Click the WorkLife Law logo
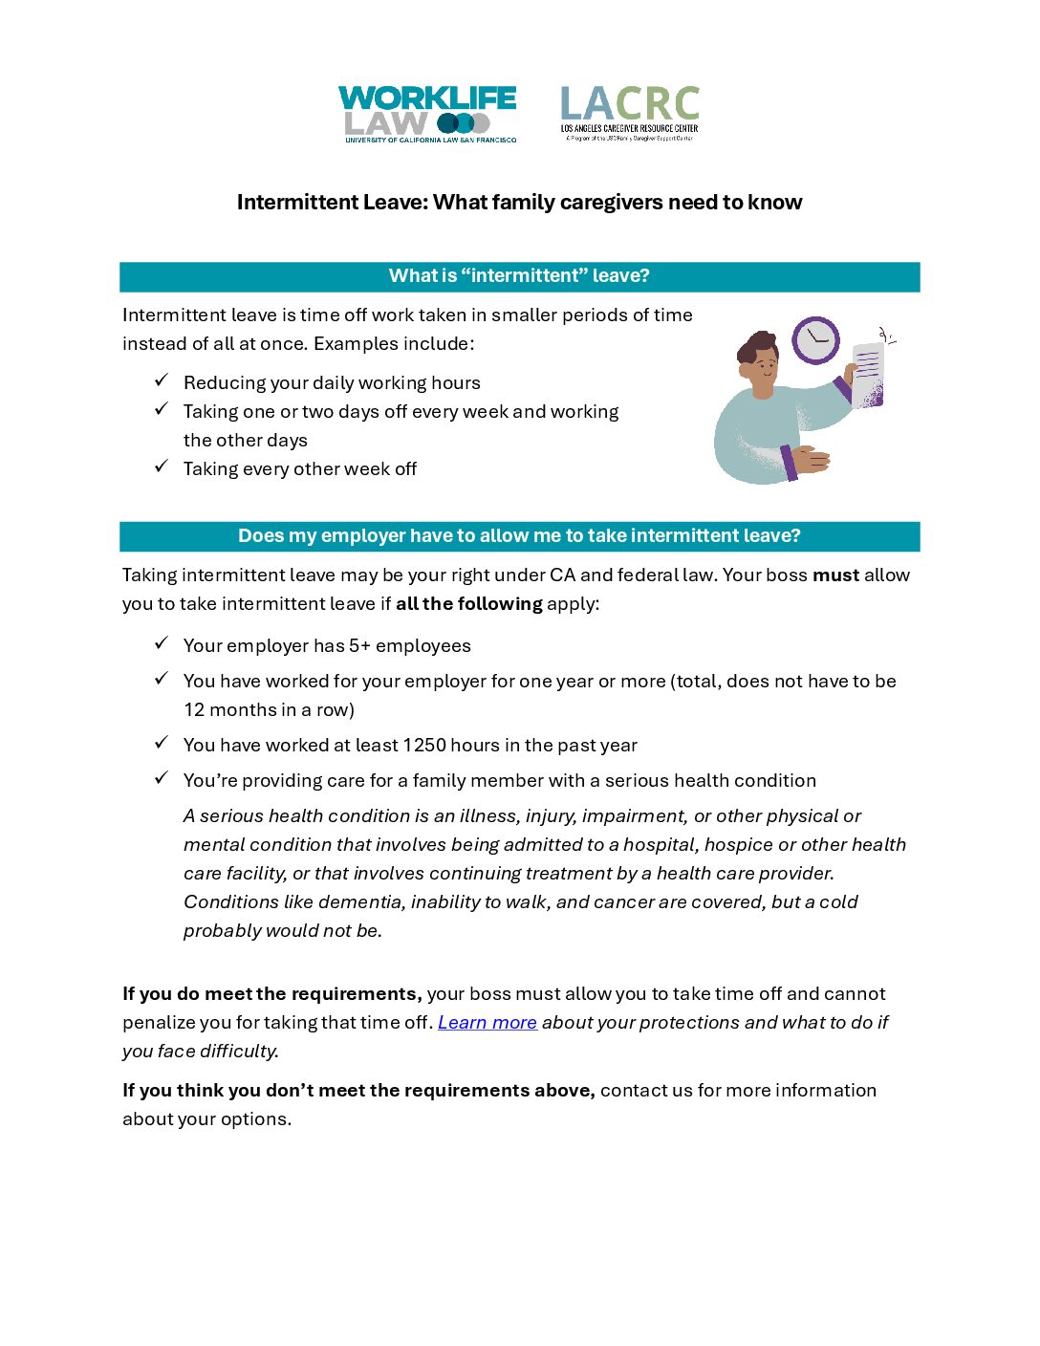(x=427, y=114)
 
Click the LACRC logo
(x=629, y=114)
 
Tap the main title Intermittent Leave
(x=519, y=202)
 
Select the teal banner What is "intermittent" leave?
(x=519, y=276)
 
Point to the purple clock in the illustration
(x=815, y=339)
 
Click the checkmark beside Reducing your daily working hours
(x=162, y=380)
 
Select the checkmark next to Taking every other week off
(x=162, y=467)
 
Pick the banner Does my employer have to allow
(x=519, y=536)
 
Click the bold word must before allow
(x=835, y=575)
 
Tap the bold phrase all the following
(x=468, y=604)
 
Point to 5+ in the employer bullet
(x=359, y=646)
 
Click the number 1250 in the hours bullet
(x=424, y=746)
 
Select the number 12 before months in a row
(x=194, y=710)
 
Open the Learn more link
(x=487, y=1023)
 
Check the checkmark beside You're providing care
(x=162, y=778)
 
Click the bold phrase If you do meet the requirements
(x=271, y=994)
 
